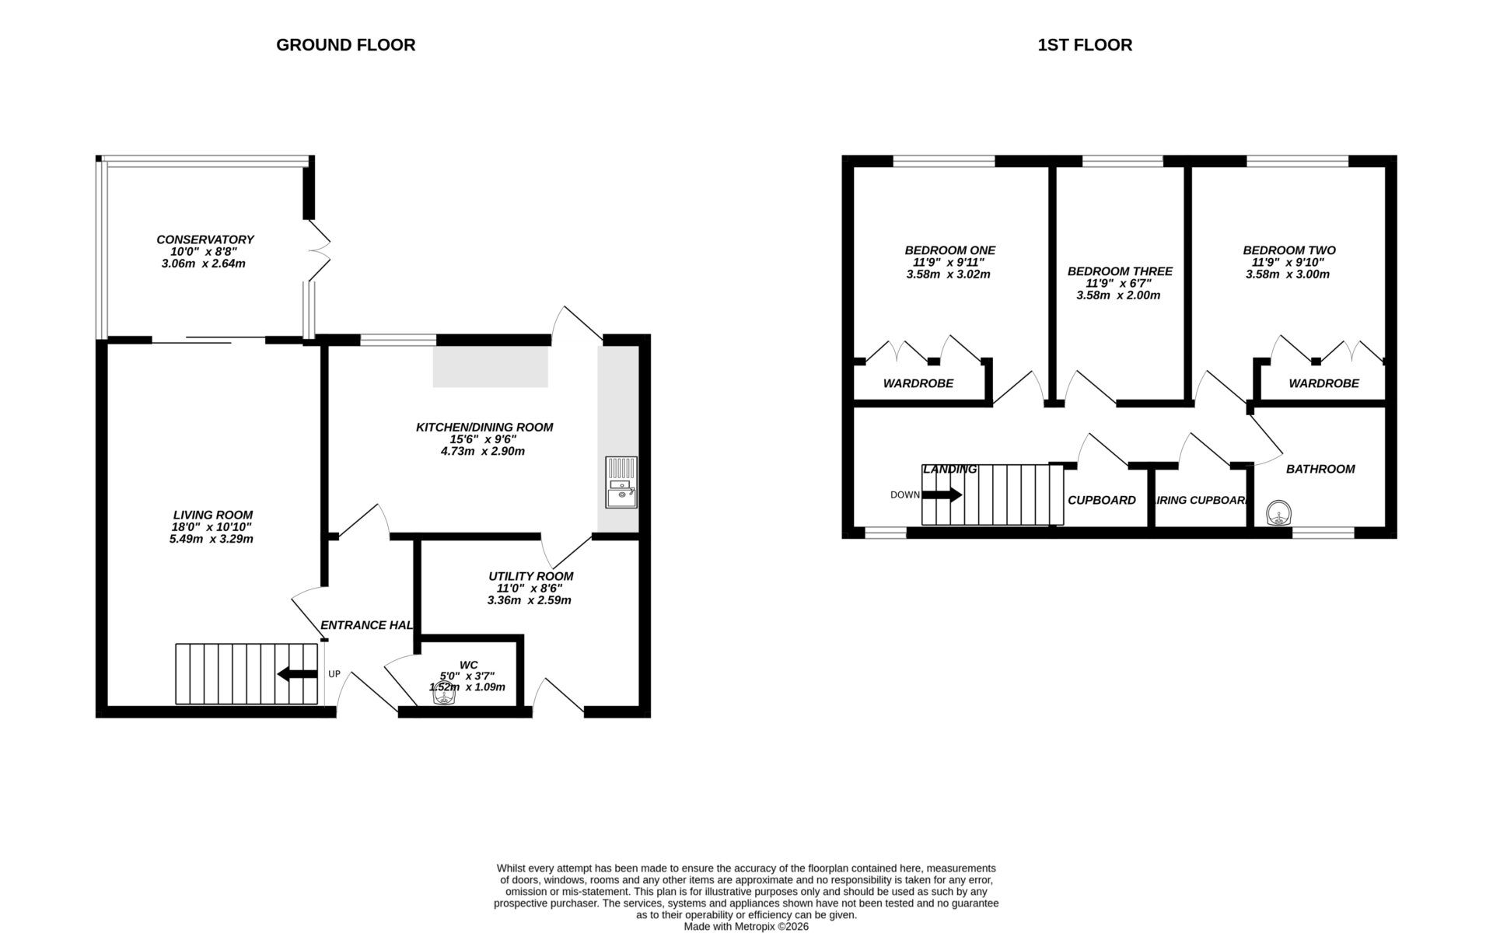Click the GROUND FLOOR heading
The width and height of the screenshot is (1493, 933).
coord(345,45)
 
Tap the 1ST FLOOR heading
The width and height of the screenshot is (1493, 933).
coord(1085,45)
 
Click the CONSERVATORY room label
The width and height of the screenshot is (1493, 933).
coord(205,239)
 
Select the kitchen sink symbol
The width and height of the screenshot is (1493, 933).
coord(621,482)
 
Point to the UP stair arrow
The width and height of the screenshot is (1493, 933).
coord(297,674)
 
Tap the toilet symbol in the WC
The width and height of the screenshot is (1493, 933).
coord(444,694)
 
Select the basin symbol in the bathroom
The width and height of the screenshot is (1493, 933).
coord(1279,514)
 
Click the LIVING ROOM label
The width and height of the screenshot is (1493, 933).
coord(212,515)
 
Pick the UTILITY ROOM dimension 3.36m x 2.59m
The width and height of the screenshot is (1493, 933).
coord(529,600)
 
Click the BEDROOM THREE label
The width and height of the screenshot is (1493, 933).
coord(1119,271)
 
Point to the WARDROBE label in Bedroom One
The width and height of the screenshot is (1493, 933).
coord(918,383)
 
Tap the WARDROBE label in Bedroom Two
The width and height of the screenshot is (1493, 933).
coord(1323,383)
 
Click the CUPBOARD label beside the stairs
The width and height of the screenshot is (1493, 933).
coord(1101,500)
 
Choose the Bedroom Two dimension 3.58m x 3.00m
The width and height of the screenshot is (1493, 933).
coord(1287,274)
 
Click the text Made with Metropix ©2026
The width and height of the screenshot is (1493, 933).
coord(746,926)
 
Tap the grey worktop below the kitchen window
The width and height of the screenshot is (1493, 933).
coord(490,367)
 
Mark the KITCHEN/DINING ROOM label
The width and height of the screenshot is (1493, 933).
coord(484,427)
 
